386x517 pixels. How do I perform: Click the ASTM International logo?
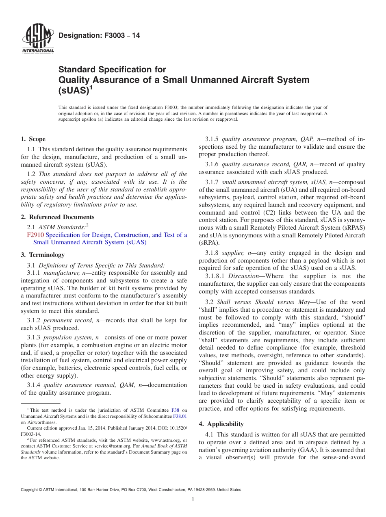coord(38,39)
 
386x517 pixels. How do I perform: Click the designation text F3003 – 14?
coord(99,36)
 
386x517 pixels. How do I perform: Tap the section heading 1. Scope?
coord(33,139)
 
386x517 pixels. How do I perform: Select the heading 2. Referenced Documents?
coord(58,217)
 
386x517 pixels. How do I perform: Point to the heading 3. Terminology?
coord(43,255)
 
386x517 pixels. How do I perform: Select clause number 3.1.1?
coord(33,273)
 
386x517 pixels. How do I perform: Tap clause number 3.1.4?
coord(33,385)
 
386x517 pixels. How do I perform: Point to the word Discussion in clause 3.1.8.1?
coord(243,276)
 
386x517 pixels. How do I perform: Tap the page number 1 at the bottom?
coord(193,500)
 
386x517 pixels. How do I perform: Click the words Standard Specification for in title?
coord(112,70)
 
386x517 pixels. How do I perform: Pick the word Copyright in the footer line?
coord(30,490)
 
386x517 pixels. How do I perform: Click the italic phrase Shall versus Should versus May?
coord(263,302)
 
